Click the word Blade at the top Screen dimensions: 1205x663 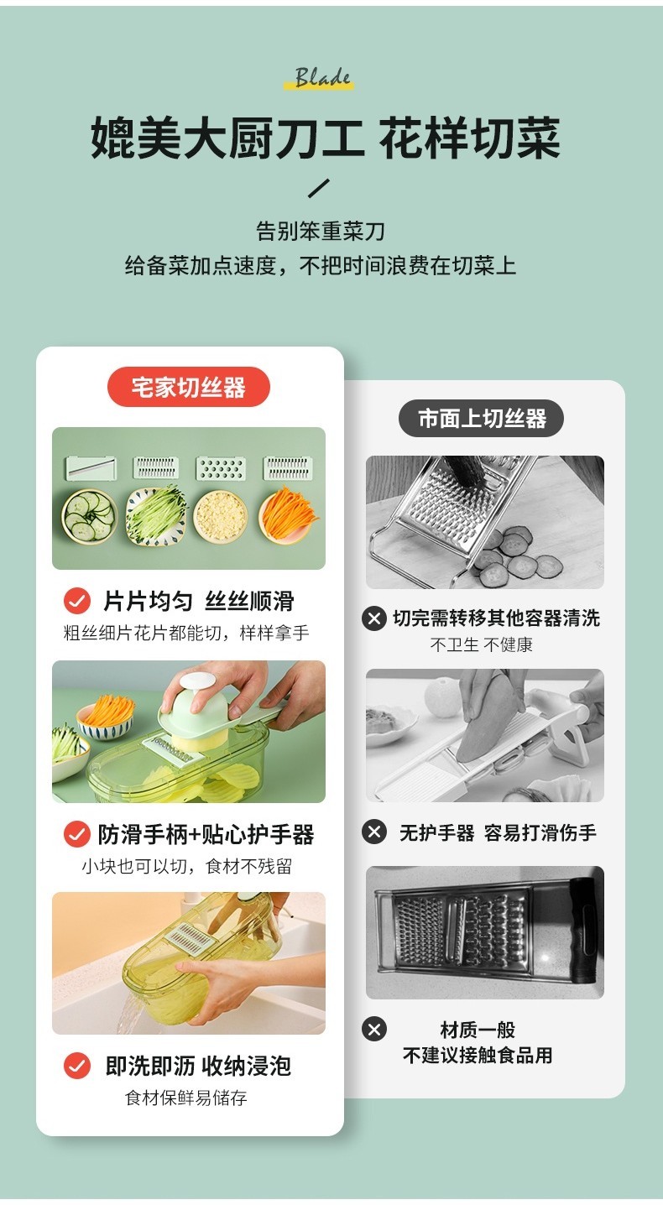click(323, 78)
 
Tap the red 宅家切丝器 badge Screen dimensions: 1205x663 click(189, 387)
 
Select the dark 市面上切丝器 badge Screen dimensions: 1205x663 click(482, 418)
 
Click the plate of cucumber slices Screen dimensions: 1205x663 click(88, 515)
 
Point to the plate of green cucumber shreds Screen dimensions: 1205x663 click(156, 515)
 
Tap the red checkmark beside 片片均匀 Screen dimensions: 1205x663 click(77, 601)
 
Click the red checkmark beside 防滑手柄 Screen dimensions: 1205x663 click(77, 834)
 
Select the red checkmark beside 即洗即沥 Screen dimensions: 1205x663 click(77, 1066)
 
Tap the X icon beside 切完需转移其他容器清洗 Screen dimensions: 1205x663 click(374, 618)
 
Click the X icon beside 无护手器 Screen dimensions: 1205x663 click(374, 832)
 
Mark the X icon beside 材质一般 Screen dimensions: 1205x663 click(374, 1029)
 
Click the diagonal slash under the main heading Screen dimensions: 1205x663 click(319, 188)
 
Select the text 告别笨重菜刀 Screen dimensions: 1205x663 click(321, 231)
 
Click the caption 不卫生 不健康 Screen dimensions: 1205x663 click(482, 644)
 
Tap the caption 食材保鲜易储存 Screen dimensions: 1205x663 click(186, 1098)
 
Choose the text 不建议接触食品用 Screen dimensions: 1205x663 click(478, 1056)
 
